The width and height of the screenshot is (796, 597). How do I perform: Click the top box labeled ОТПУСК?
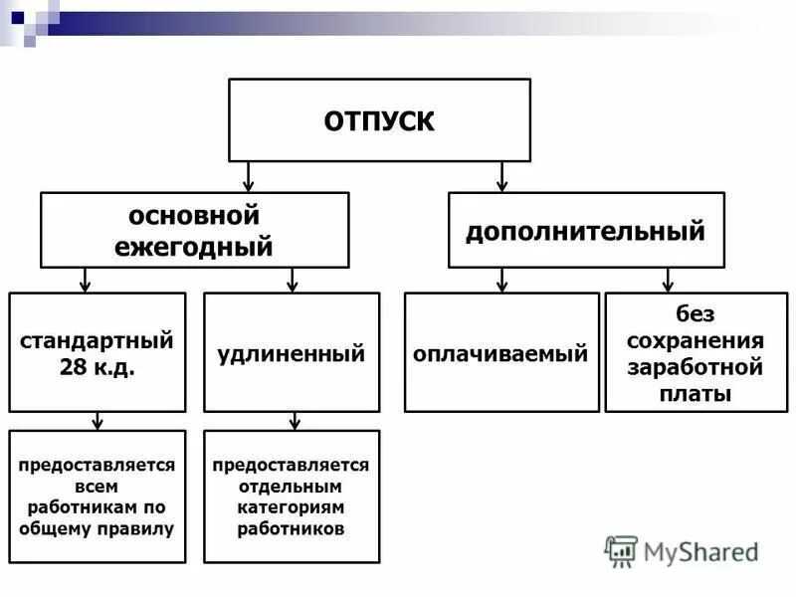379,120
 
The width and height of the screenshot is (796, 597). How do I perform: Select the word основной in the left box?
194,215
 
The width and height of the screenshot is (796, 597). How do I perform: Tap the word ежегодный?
194,246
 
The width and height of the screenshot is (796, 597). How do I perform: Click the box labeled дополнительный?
586,231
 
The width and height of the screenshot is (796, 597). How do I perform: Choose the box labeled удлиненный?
292,353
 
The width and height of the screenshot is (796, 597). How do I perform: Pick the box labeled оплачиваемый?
501,353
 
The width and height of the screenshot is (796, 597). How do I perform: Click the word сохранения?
696,340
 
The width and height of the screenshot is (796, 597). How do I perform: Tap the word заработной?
696,367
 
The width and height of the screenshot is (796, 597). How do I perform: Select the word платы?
696,394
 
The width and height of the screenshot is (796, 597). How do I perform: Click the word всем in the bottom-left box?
97,487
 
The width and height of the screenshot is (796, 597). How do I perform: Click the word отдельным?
291,487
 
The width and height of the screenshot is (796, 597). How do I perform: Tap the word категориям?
291,507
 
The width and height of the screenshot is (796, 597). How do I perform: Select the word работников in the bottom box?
291,528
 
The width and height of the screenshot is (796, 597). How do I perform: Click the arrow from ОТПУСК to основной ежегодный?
250,176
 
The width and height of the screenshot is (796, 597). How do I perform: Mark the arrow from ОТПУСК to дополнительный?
501,176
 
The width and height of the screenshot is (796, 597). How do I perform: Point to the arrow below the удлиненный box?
292,421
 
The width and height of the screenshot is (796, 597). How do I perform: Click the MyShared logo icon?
622,550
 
